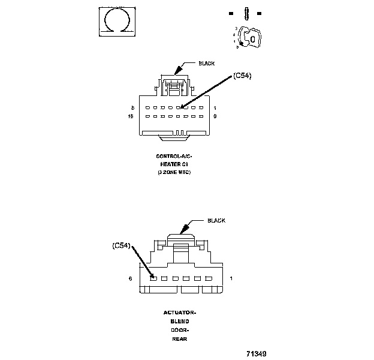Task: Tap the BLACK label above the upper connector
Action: pos(207,63)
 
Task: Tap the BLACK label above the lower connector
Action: pos(216,220)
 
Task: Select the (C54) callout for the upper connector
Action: pos(242,76)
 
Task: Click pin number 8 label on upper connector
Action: pos(131,107)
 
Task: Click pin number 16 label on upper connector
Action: pos(131,116)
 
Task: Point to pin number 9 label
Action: pos(215,116)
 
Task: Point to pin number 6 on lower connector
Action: pos(130,278)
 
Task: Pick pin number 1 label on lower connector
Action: pos(231,278)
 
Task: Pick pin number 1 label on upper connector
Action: pos(215,107)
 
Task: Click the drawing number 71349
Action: pos(256,353)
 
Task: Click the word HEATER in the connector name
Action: pos(171,164)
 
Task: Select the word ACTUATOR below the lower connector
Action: pos(180,313)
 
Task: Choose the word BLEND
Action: pos(180,322)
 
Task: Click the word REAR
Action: pos(180,339)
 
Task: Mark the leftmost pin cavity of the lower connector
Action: pos(153,278)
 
